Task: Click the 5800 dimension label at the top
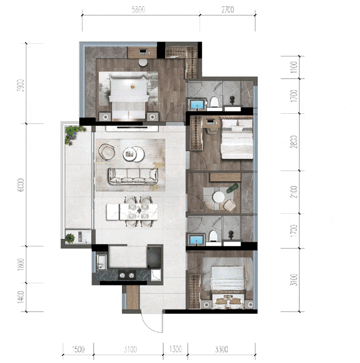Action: click(x=138, y=10)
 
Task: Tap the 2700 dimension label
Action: click(x=228, y=10)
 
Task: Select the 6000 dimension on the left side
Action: click(x=21, y=185)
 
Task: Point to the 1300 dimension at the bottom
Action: click(x=176, y=349)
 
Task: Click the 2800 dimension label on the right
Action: click(x=294, y=142)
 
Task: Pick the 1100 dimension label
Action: click(x=294, y=67)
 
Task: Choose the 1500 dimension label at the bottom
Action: click(x=78, y=349)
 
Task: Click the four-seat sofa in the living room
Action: click(x=133, y=176)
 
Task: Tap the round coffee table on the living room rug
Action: click(x=133, y=154)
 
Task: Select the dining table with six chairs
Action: click(x=132, y=211)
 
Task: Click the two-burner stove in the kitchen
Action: click(x=127, y=275)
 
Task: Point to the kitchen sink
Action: click(x=102, y=262)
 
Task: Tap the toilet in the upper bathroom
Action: click(x=215, y=102)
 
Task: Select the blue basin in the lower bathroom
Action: click(x=197, y=240)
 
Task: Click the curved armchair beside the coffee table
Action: click(x=107, y=152)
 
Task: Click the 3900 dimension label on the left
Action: click(x=21, y=86)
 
